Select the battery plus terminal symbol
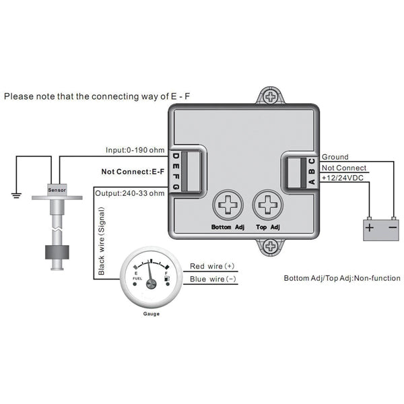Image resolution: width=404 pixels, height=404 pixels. click(369, 227)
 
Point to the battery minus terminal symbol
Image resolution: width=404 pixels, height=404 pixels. click(393, 227)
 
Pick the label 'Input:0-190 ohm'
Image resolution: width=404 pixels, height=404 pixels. click(135, 149)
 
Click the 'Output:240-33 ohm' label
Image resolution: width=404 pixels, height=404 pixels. click(129, 193)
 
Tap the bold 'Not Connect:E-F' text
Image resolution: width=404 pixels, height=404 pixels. click(133, 172)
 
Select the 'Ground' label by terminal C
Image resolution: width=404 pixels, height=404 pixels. click(336, 156)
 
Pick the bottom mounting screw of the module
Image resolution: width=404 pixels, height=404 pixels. click(271, 248)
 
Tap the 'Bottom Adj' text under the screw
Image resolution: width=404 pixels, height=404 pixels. click(226, 228)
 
